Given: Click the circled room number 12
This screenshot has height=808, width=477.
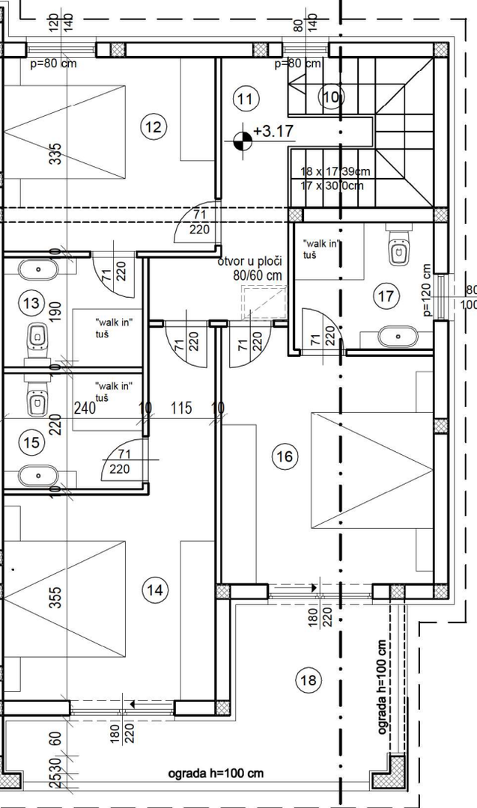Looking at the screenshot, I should tap(154, 126).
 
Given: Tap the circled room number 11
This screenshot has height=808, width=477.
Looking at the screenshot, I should tap(246, 97).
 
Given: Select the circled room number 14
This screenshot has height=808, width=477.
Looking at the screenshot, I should tap(155, 590).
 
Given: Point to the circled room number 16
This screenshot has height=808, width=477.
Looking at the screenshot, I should tap(285, 456).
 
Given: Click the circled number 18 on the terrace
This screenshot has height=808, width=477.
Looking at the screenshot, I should tap(308, 681).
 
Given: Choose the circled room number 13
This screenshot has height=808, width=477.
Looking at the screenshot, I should tap(31, 304).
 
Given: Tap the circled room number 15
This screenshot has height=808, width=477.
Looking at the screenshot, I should tap(31, 443).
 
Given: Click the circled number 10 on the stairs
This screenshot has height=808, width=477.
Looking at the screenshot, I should tap(330, 97).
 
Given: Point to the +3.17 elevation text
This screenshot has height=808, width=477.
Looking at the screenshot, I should tap(273, 132).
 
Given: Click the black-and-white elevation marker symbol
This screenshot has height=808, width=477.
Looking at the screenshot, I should tap(242, 140).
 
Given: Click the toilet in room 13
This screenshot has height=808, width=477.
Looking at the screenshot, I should tap(36, 340).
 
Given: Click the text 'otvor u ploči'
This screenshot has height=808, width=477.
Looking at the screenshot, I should tap(249, 261).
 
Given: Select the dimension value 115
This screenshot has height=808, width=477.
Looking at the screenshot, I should tap(181, 408).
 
